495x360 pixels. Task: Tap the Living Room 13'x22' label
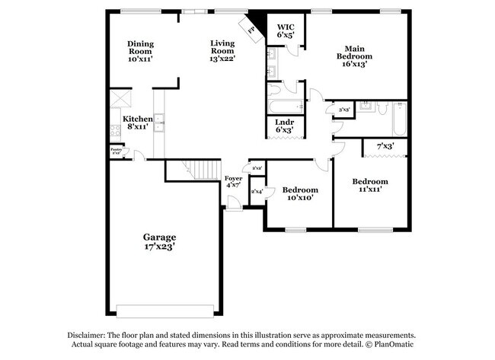pyautogui.click(x=223, y=50)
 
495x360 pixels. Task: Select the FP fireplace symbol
pyautogui.click(x=251, y=28)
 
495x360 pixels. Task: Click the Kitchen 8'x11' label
pyautogui.click(x=139, y=123)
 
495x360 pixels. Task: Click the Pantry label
pyautogui.click(x=116, y=151)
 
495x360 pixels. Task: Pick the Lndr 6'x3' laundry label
pyautogui.click(x=285, y=126)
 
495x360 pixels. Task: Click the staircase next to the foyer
pyautogui.click(x=203, y=169)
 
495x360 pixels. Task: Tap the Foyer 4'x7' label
pyautogui.click(x=233, y=182)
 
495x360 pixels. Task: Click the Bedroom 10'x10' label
pyautogui.click(x=299, y=193)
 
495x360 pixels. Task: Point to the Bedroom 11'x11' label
pyautogui.click(x=369, y=185)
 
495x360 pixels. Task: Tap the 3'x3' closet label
pyautogui.click(x=343, y=110)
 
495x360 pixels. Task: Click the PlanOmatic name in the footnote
pyautogui.click(x=392, y=345)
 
